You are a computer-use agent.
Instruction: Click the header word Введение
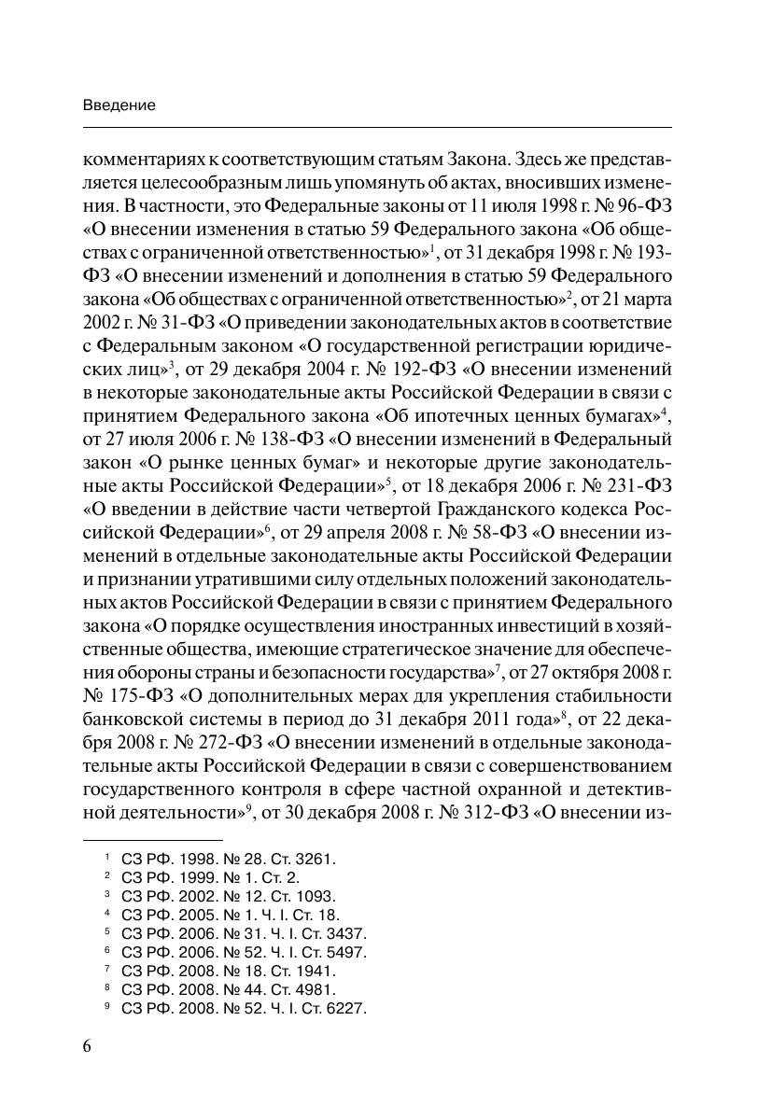[119, 105]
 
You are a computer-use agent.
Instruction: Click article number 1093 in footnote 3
[316, 895]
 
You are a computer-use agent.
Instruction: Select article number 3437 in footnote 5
[346, 933]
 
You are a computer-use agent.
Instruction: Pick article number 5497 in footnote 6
[346, 952]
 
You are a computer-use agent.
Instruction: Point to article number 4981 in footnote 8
[316, 989]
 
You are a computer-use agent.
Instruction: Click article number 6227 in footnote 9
[346, 1008]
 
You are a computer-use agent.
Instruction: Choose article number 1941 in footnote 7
[316, 971]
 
